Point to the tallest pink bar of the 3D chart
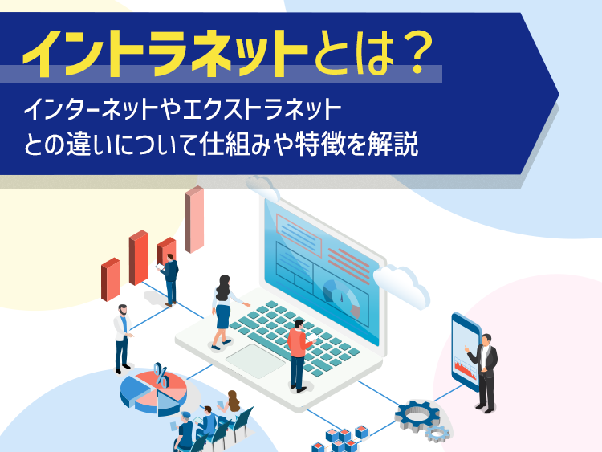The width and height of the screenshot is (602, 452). (194, 219)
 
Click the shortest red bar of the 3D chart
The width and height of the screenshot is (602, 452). (111, 279)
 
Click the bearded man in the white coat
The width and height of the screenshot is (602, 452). (123, 339)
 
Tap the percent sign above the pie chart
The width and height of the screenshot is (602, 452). (161, 374)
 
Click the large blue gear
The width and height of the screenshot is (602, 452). (417, 416)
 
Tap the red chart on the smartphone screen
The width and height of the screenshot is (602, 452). (466, 369)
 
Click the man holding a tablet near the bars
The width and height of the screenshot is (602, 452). (169, 280)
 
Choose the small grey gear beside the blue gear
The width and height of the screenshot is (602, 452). (437, 434)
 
